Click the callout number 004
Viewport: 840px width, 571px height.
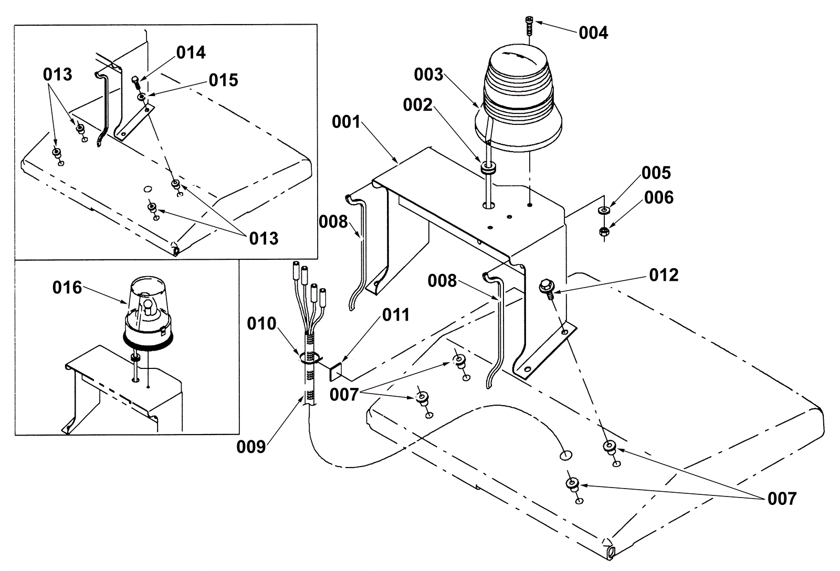point(593,33)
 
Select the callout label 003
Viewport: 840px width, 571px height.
point(428,75)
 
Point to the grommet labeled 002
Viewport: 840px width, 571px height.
point(488,168)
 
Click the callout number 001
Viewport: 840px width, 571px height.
point(346,122)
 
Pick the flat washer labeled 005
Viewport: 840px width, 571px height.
point(603,210)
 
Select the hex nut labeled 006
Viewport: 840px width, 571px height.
point(604,231)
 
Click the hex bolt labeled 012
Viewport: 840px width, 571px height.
point(547,289)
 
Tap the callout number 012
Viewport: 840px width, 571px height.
point(664,275)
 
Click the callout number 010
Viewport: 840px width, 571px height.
point(261,324)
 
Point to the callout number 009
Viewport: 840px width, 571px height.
point(251,447)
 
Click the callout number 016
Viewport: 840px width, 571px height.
point(67,288)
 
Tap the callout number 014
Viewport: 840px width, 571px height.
point(191,52)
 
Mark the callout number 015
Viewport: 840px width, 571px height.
point(224,80)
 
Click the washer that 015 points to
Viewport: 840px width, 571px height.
point(141,97)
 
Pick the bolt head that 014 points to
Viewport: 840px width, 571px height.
point(135,79)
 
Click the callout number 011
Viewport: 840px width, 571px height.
point(396,315)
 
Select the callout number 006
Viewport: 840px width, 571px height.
point(659,197)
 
